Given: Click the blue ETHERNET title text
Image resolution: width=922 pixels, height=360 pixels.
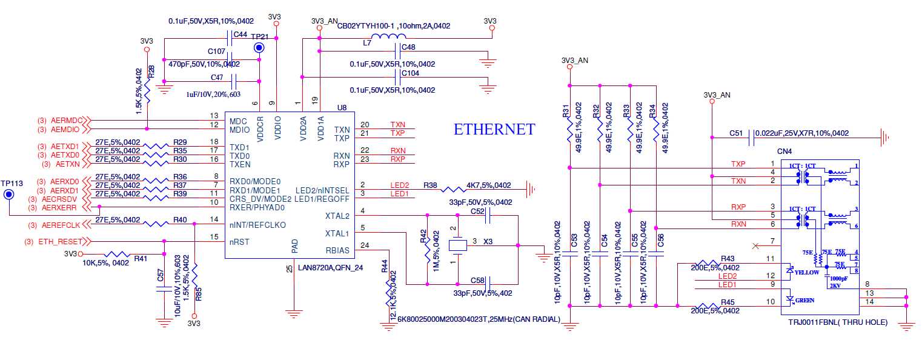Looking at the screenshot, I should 494,130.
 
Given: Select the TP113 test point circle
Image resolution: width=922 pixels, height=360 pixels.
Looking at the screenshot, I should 9,195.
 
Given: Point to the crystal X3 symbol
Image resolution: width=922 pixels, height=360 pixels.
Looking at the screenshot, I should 458,245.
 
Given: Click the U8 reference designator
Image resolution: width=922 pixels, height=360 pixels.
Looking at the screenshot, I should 341,108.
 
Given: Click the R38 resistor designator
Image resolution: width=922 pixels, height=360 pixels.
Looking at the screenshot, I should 429,185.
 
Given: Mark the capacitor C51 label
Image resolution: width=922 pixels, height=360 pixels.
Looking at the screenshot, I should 736,133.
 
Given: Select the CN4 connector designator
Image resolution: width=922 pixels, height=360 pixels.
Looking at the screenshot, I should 784,151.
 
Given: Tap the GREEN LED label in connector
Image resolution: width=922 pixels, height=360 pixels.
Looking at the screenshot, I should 805,300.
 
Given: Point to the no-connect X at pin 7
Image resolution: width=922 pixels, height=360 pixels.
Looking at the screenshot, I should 755,245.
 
